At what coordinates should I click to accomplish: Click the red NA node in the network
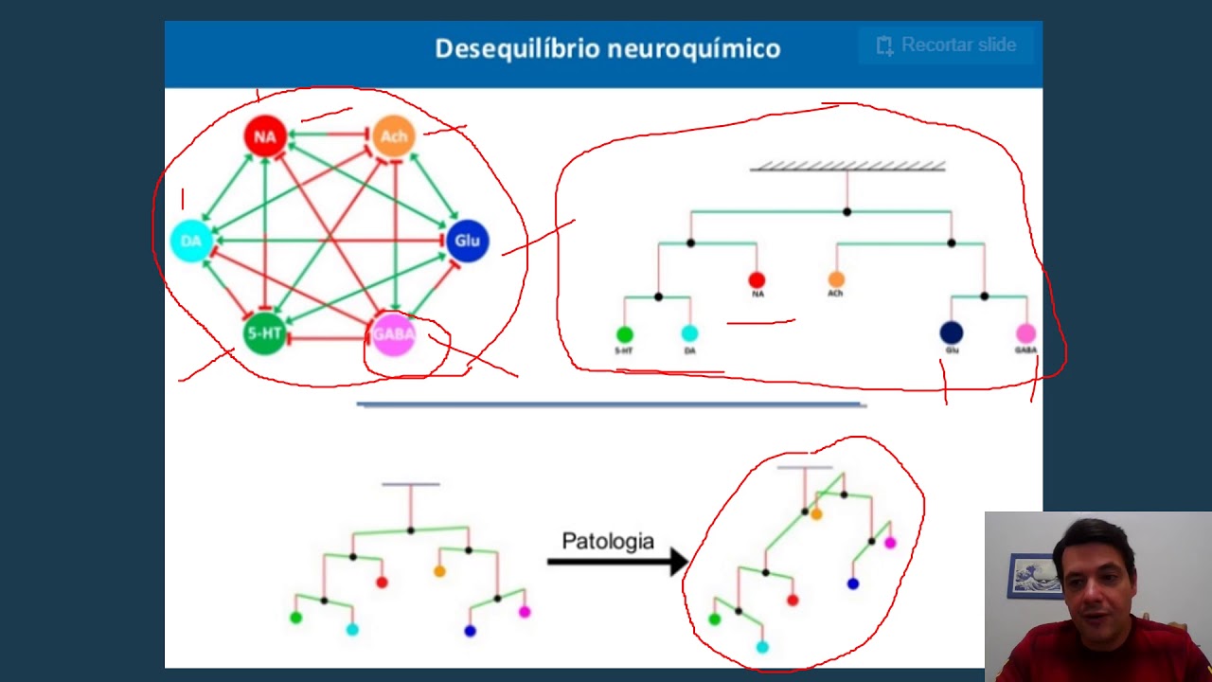[265, 136]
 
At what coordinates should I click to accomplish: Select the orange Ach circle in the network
[393, 136]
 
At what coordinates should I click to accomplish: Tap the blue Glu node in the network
[467, 241]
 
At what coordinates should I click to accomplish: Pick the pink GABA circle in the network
[393, 334]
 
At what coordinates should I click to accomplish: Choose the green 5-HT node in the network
[265, 334]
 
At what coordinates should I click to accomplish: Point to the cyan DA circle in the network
[191, 241]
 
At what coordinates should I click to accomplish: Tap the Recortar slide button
[946, 45]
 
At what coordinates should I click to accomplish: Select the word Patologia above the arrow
[608, 542]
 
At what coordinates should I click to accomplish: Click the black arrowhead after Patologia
[678, 562]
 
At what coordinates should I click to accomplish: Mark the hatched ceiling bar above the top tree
[847, 167]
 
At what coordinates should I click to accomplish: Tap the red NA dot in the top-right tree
[757, 280]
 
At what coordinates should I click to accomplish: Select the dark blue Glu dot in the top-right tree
[952, 332]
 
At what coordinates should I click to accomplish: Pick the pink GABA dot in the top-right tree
[1025, 333]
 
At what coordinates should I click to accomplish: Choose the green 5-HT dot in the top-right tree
[624, 334]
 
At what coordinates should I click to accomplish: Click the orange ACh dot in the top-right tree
[836, 279]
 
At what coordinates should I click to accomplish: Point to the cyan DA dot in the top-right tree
[689, 333]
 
